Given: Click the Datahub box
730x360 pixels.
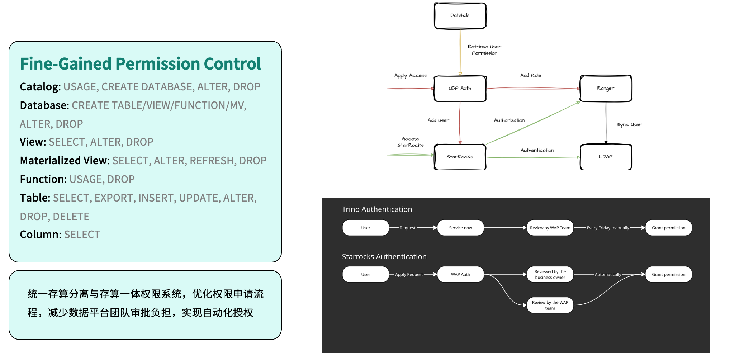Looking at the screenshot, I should pos(460,16).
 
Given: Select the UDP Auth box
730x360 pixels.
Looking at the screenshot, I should pos(460,89).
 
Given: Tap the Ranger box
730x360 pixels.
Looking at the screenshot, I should pos(606,89).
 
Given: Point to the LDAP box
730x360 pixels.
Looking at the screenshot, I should pos(606,157).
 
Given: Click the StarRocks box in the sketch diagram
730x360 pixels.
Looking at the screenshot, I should pos(460,157).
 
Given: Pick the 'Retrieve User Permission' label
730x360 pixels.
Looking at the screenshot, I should pos(484,50).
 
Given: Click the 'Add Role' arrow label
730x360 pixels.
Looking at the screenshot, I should pos(531,75).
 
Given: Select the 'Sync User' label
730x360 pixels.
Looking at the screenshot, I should pos(629,125).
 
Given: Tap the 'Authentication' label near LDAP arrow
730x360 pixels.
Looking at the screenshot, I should pos(537,150).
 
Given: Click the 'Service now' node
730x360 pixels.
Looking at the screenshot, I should pos(460,228).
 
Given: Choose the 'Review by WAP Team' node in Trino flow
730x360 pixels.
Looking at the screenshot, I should pos(550,228).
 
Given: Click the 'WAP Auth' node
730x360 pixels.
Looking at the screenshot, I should pos(460,275).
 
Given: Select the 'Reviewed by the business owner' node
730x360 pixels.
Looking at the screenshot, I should pos(550,275).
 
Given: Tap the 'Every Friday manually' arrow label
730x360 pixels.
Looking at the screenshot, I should pos(608,228).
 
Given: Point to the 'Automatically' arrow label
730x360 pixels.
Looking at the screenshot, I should pos(608,275).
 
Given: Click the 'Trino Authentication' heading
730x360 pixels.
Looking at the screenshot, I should pos(377,209).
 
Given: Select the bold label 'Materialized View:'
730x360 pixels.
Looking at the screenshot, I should pos(65,161).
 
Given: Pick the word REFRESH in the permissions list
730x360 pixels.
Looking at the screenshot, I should pos(212,161).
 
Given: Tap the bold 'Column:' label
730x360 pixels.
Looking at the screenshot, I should pos(41,235).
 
